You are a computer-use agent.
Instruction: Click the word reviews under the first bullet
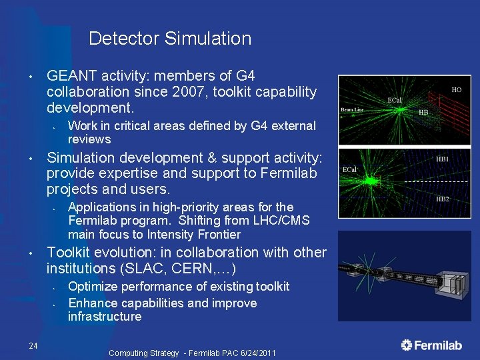89,139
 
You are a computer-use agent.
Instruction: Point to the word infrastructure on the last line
105,317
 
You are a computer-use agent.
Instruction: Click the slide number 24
33,345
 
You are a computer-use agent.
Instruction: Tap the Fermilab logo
431,345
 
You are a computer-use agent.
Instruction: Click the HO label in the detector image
457,89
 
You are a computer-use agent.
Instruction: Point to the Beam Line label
352,109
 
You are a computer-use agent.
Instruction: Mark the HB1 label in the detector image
443,159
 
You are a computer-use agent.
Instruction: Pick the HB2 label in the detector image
443,199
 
